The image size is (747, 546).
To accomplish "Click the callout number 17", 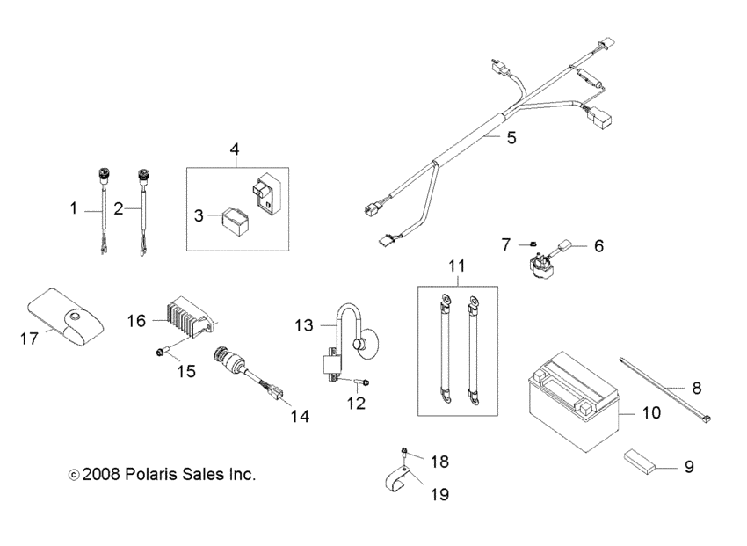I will pos(30,339).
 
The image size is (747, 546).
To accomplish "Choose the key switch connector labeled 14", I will pos(236,368).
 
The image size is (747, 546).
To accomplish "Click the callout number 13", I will pos(302,326).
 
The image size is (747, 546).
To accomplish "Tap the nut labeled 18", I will pos(403,454).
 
